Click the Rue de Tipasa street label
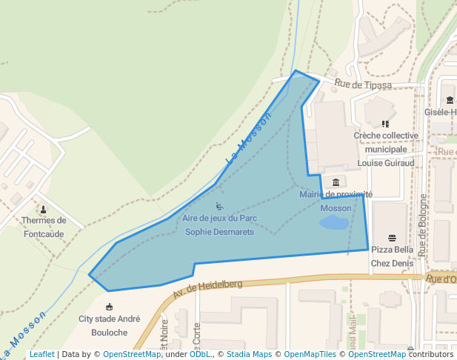(362, 85)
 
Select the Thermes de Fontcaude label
(44, 227)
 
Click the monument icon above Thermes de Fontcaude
(44, 209)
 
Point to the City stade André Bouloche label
(110, 326)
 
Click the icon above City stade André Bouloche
(110, 307)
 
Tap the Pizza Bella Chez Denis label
(392, 256)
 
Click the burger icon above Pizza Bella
(392, 237)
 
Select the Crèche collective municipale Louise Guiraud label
(385, 149)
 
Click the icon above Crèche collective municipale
(385, 124)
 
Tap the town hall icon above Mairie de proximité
(336, 182)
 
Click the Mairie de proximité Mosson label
(336, 201)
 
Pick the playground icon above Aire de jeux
(219, 206)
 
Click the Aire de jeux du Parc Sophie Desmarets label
(219, 225)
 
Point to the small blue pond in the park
(336, 222)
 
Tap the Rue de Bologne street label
(423, 225)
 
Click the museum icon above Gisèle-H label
(450, 100)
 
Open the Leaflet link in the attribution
(41, 354)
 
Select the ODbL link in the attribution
(200, 354)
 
